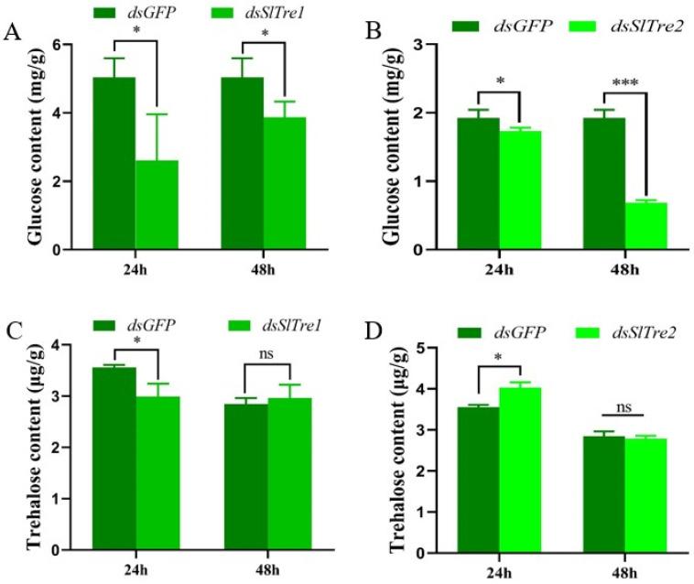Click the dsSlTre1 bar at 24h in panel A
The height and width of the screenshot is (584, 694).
(157, 205)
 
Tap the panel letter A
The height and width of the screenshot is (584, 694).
(12, 36)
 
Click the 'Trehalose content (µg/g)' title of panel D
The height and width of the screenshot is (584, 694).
(396, 450)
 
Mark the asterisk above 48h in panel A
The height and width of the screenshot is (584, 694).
(264, 34)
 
